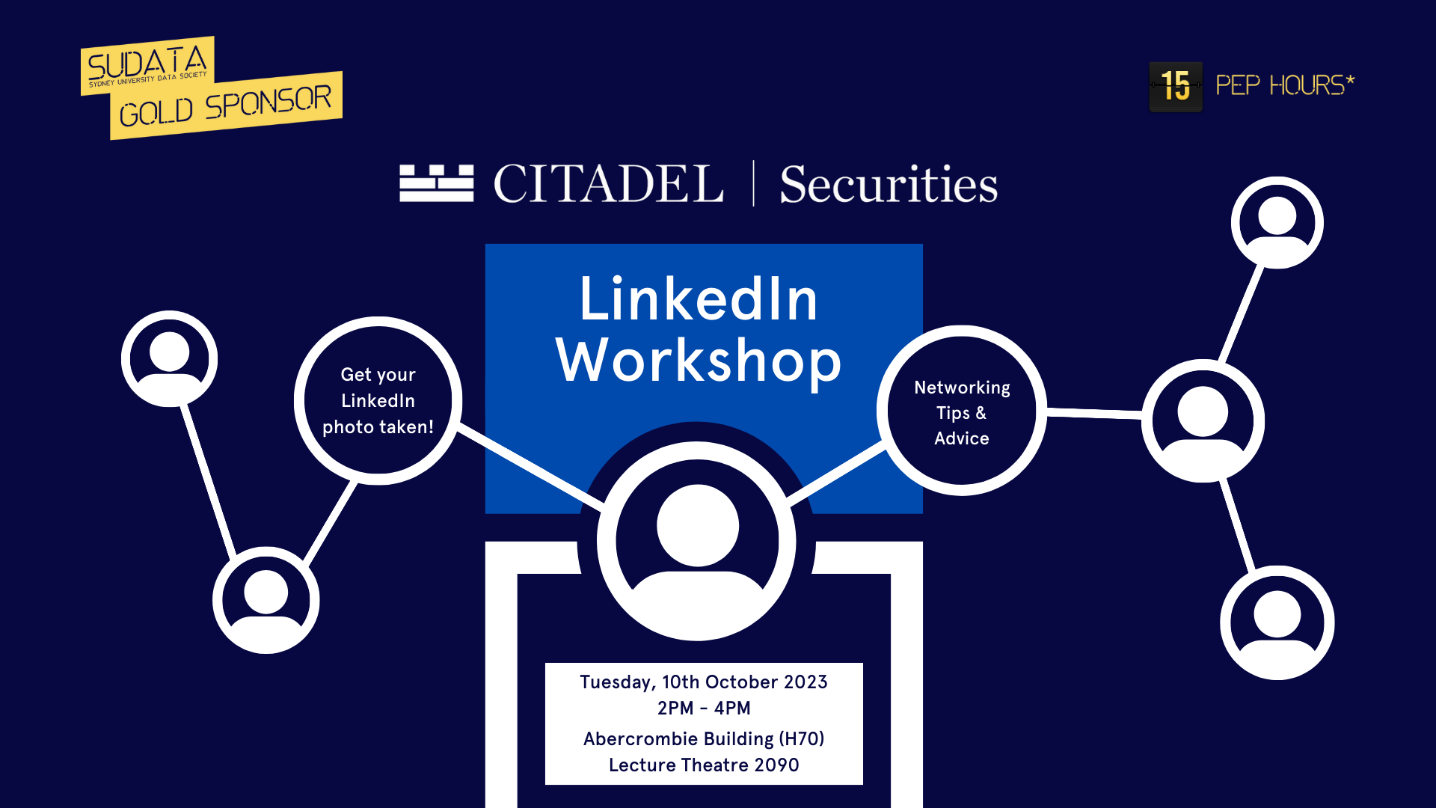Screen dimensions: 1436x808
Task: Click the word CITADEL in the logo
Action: [x=608, y=183]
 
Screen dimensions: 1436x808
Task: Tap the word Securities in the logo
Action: [x=889, y=184]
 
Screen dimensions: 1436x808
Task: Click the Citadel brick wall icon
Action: [x=437, y=183]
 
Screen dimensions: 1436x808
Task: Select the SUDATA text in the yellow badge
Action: [x=147, y=63]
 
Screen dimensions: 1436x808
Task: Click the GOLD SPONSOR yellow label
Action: [x=226, y=105]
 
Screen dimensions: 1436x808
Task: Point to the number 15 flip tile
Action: [x=1176, y=86]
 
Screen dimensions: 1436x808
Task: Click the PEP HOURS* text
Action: [x=1285, y=85]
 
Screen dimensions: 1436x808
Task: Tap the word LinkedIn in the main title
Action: [x=699, y=299]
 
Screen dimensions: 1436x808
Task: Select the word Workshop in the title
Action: [x=699, y=361]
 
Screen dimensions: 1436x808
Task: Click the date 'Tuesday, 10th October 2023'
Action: [x=704, y=682]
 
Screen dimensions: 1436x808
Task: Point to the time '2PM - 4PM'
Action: [x=704, y=708]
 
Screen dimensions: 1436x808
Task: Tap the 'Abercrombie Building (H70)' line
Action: [x=704, y=739]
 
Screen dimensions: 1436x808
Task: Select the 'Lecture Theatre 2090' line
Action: [x=704, y=765]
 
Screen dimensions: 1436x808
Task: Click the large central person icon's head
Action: [x=698, y=525]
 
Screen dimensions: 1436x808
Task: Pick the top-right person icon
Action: [x=1277, y=222]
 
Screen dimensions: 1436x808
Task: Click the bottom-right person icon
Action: [x=1277, y=622]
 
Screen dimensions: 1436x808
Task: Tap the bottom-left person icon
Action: [x=266, y=600]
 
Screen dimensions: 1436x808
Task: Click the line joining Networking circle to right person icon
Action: [x=1094, y=412]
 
